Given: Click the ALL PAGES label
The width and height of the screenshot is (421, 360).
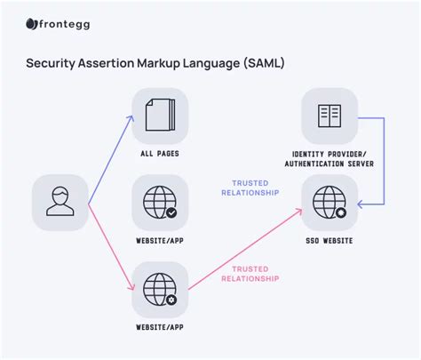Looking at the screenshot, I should [160, 153].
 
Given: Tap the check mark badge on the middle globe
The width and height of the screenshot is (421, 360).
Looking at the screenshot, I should [171, 212].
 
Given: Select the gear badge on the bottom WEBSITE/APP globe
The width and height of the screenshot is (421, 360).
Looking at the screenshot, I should [171, 300].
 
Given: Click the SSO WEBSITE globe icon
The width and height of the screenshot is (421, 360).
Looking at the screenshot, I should [328, 202].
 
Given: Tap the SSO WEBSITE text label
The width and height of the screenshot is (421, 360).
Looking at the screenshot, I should [330, 241].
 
